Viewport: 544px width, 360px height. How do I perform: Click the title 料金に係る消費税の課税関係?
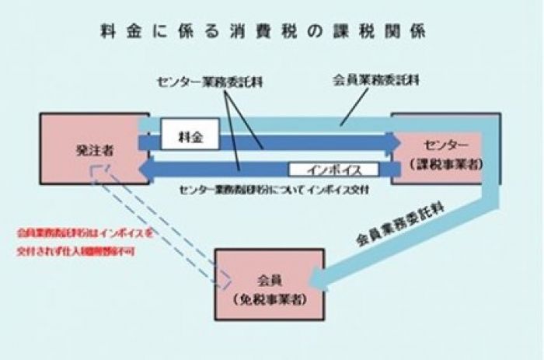263,33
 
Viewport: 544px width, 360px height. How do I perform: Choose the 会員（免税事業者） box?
268,284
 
